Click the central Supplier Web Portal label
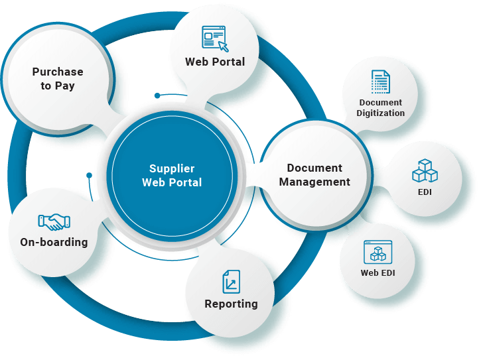(172, 175)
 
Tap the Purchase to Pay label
(58, 78)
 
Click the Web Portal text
(215, 62)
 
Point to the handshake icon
(54, 221)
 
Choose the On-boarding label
(54, 242)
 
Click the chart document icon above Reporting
(231, 281)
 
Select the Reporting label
(231, 304)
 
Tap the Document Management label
(314, 175)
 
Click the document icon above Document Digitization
(380, 82)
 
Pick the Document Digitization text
(381, 107)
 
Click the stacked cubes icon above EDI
(425, 170)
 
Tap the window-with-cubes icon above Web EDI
(378, 252)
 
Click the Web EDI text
(378, 272)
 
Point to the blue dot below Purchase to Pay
(157, 95)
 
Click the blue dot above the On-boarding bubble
(89, 176)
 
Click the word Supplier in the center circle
(172, 168)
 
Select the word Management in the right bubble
(314, 182)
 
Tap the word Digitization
(381, 113)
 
